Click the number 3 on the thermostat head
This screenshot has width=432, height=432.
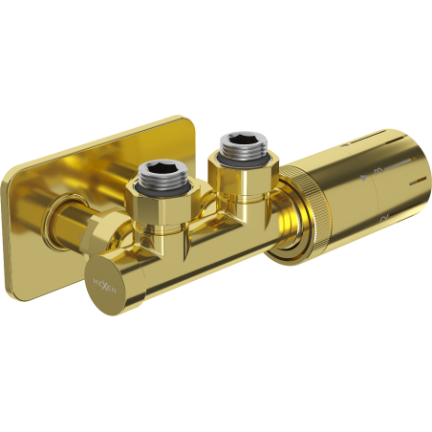point(378,170)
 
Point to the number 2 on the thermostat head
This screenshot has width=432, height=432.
point(383,218)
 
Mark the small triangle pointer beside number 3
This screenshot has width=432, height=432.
point(364,176)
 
